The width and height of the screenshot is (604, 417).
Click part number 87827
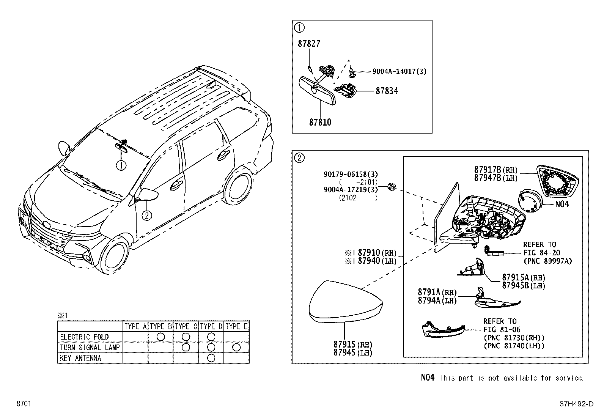point(308,44)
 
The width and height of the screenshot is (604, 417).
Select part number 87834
point(387,91)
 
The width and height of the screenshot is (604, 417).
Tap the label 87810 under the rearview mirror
point(320,122)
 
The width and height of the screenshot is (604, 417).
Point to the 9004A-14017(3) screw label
point(399,71)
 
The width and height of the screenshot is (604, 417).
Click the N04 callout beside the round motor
point(562,204)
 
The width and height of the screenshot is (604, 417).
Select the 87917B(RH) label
point(495,170)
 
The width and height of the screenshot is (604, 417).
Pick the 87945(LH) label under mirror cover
point(352,352)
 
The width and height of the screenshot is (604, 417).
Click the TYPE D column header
point(211,326)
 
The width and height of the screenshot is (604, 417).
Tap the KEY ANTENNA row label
point(80,358)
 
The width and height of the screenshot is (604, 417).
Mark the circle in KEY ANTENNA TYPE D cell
point(211,358)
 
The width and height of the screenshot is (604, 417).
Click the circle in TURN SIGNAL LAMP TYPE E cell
point(236,347)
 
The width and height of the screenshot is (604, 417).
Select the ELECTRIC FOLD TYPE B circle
point(160,337)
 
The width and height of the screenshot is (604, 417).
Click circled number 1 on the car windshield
point(121,165)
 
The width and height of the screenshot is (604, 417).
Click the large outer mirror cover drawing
point(345,302)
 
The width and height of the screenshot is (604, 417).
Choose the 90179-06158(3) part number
point(351,174)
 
